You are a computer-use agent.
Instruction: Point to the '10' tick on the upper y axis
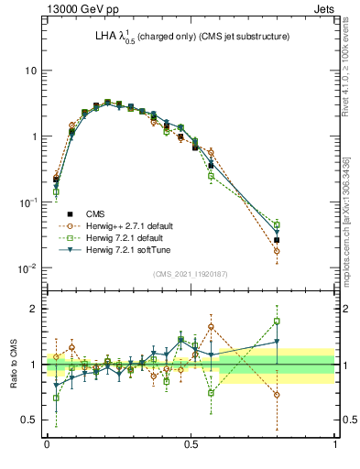point(30,71)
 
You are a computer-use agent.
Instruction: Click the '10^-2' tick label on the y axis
point(27,268)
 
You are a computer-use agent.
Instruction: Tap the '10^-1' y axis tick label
point(27,202)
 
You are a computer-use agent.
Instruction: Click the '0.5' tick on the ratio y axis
point(27,420)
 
